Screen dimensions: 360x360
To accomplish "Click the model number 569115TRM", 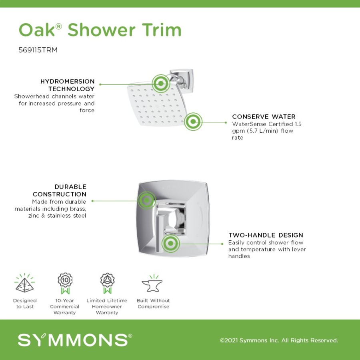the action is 38,50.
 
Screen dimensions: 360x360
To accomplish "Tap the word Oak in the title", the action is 37,30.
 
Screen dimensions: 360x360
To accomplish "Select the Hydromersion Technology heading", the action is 68,85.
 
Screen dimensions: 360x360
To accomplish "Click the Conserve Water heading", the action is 264,117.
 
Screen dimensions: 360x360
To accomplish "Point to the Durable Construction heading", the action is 60,190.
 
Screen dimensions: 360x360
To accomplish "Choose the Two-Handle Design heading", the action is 266,235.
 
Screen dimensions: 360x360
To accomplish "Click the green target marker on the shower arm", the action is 161,83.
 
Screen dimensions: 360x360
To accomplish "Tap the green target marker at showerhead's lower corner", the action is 193,122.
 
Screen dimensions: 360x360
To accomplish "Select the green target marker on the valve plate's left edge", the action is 146,200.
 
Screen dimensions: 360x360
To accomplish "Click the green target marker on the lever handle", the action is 170,243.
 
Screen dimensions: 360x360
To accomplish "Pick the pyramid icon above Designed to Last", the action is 24,283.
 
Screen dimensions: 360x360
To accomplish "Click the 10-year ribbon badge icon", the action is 65,283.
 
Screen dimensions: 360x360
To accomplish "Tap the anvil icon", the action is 152,284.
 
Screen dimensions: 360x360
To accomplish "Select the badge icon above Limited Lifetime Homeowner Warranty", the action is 107,283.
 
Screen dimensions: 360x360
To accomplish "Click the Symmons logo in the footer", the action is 75,340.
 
